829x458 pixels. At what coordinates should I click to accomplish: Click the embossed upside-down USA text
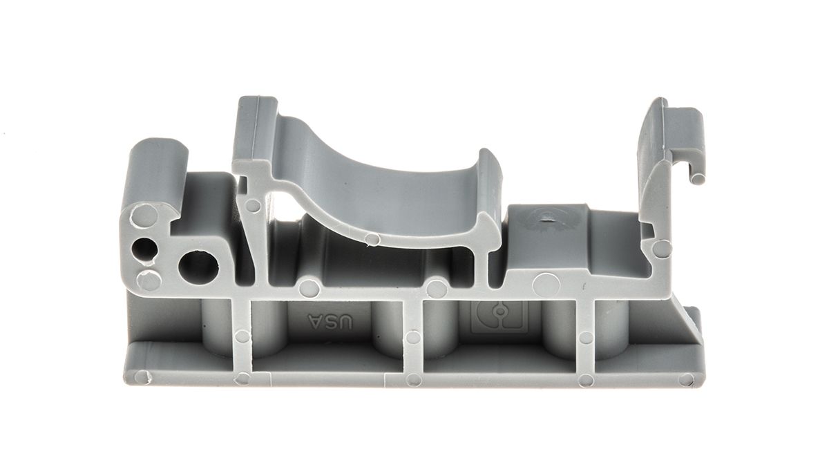click(330, 323)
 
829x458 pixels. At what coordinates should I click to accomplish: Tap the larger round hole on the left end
click(198, 266)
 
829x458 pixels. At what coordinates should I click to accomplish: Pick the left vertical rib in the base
click(242, 336)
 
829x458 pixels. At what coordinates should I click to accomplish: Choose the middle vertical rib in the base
click(412, 336)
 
